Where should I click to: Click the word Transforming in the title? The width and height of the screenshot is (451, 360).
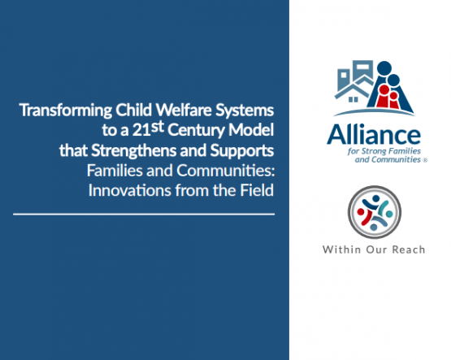[66, 111]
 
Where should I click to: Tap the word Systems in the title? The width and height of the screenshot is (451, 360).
[245, 111]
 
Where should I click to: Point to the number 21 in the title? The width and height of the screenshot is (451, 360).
[141, 131]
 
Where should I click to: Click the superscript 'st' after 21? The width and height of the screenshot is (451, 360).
[158, 127]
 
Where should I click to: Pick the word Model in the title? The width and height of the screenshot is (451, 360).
[251, 130]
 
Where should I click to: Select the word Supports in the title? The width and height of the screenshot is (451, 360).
[242, 151]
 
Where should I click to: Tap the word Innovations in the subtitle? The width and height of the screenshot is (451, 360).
[130, 190]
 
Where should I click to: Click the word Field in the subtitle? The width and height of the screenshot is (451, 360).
[257, 190]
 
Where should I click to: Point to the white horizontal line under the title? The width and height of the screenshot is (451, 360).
[144, 215]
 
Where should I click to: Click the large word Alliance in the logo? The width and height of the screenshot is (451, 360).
[373, 135]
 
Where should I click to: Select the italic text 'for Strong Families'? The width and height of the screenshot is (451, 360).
[384, 151]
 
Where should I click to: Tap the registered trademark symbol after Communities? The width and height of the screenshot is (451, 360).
[425, 161]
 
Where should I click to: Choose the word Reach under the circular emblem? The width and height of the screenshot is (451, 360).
[409, 249]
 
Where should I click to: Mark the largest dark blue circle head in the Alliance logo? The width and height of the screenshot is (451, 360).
[384, 68]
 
